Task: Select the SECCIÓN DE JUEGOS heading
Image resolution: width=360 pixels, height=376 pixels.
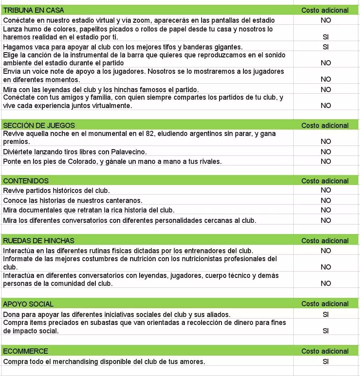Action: click(39, 125)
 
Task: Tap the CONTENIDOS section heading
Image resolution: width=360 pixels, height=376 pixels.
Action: click(26, 181)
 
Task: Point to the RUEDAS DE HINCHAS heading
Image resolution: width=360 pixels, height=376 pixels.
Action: click(39, 240)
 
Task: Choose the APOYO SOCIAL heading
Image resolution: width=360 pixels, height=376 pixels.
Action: click(28, 304)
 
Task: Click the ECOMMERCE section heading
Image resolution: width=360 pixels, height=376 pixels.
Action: click(26, 351)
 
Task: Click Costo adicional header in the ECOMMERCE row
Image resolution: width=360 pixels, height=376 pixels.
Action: click(325, 351)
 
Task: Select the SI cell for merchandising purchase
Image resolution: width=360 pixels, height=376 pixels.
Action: click(325, 362)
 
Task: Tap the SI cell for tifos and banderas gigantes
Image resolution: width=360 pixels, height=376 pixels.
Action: click(325, 47)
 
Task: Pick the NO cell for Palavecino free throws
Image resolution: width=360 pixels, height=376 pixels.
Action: click(326, 152)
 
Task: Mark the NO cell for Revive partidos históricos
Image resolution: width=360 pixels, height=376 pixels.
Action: click(326, 190)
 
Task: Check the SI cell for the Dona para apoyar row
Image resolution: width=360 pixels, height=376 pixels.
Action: click(325, 315)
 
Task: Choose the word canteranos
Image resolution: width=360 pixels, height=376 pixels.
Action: click(121, 200)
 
